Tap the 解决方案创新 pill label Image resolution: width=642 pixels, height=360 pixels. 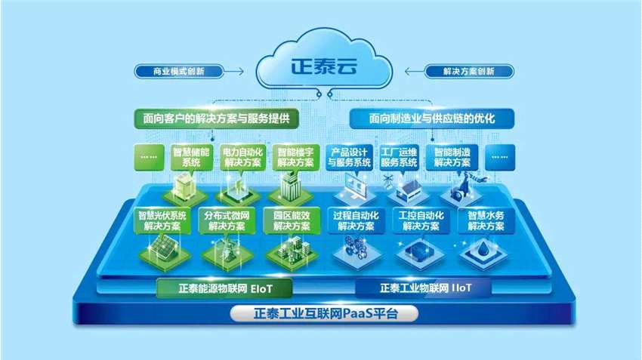point(470,72)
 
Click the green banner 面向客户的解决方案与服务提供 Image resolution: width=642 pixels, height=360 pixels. point(216,118)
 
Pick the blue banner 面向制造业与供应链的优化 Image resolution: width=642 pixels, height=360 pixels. point(431,118)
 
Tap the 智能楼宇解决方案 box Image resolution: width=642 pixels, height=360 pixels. point(294,157)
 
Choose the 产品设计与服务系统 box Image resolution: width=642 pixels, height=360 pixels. point(350,157)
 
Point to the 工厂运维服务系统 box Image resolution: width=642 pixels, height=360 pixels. point(400,157)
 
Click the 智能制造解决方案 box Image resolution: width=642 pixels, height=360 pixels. point(452,157)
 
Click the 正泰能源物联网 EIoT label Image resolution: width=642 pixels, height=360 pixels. point(224,288)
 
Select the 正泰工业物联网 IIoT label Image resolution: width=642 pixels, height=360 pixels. point(424,288)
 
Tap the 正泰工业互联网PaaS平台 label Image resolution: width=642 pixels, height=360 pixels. point(325,312)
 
